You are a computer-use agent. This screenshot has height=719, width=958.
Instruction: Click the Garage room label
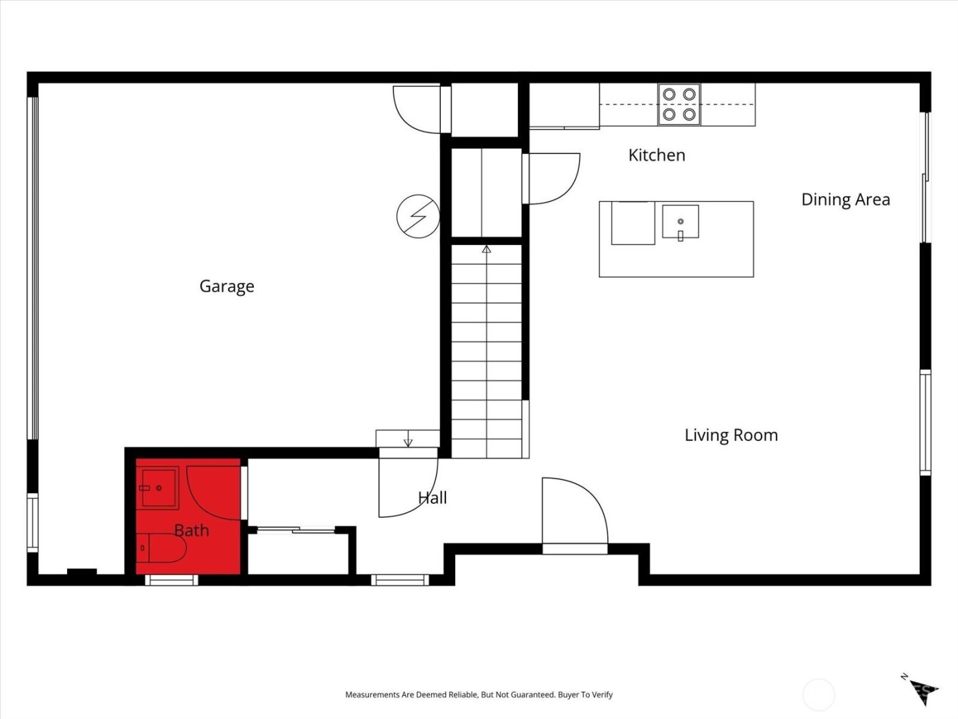226,286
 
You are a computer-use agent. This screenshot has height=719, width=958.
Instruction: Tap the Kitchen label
656,155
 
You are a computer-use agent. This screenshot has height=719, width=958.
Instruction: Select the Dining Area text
845,200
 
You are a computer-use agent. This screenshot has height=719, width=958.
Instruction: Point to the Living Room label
731,436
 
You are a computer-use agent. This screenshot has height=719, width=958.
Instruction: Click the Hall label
432,498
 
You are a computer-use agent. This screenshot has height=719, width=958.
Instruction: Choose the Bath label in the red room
192,531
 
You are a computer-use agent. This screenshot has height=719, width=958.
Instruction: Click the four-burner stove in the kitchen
679,104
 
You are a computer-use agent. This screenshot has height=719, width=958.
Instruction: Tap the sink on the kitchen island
680,222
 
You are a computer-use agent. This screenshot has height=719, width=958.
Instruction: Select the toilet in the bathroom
161,548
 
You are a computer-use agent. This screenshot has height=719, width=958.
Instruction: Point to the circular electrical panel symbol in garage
417,216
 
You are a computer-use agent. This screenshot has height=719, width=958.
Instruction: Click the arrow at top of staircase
487,250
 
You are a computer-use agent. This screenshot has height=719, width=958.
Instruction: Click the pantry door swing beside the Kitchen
552,178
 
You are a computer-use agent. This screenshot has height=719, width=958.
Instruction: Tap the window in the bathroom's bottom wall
171,580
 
